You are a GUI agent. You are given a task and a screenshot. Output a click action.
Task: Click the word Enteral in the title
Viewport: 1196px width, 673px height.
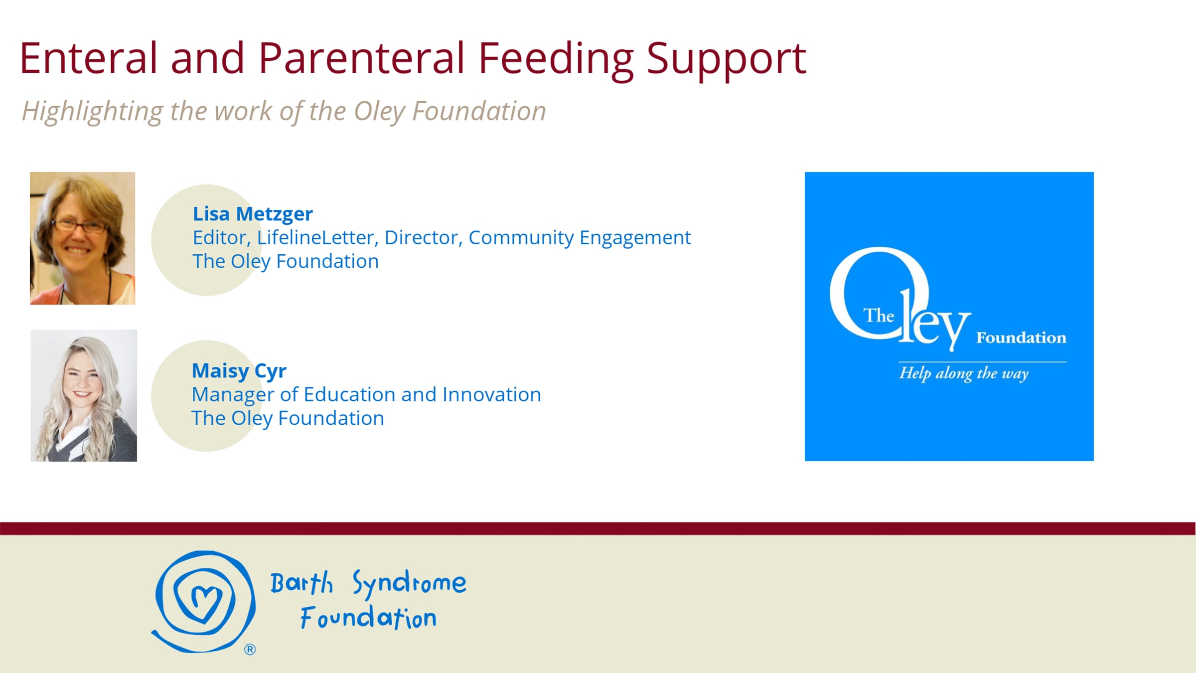tap(89, 58)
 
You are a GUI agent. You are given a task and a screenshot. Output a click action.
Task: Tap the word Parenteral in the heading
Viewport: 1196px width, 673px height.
tap(362, 58)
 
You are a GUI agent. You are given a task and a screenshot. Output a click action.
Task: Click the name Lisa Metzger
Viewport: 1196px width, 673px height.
tap(253, 214)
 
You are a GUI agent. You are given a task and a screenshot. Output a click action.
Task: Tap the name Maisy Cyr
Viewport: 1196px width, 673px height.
tap(239, 371)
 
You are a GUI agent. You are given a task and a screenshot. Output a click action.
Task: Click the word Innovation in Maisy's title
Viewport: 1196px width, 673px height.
tap(492, 395)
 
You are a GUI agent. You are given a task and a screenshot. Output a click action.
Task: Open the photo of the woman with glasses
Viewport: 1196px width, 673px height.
tap(83, 238)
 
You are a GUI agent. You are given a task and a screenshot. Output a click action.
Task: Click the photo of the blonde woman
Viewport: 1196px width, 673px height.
tap(84, 395)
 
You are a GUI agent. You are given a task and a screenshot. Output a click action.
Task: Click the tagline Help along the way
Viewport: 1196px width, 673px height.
tap(964, 373)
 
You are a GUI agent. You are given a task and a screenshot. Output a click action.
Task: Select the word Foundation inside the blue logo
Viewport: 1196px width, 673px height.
tap(1021, 338)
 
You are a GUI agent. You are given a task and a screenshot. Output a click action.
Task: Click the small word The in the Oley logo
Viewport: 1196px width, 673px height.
tap(879, 316)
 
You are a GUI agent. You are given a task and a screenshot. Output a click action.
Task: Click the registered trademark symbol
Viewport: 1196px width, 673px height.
tap(250, 650)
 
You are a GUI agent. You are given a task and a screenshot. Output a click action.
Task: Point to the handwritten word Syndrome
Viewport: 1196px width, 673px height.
tap(410, 583)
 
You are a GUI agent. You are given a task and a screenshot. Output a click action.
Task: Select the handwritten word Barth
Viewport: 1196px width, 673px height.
tap(301, 583)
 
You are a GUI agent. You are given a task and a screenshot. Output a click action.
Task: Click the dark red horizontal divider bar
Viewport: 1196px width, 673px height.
tap(598, 528)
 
